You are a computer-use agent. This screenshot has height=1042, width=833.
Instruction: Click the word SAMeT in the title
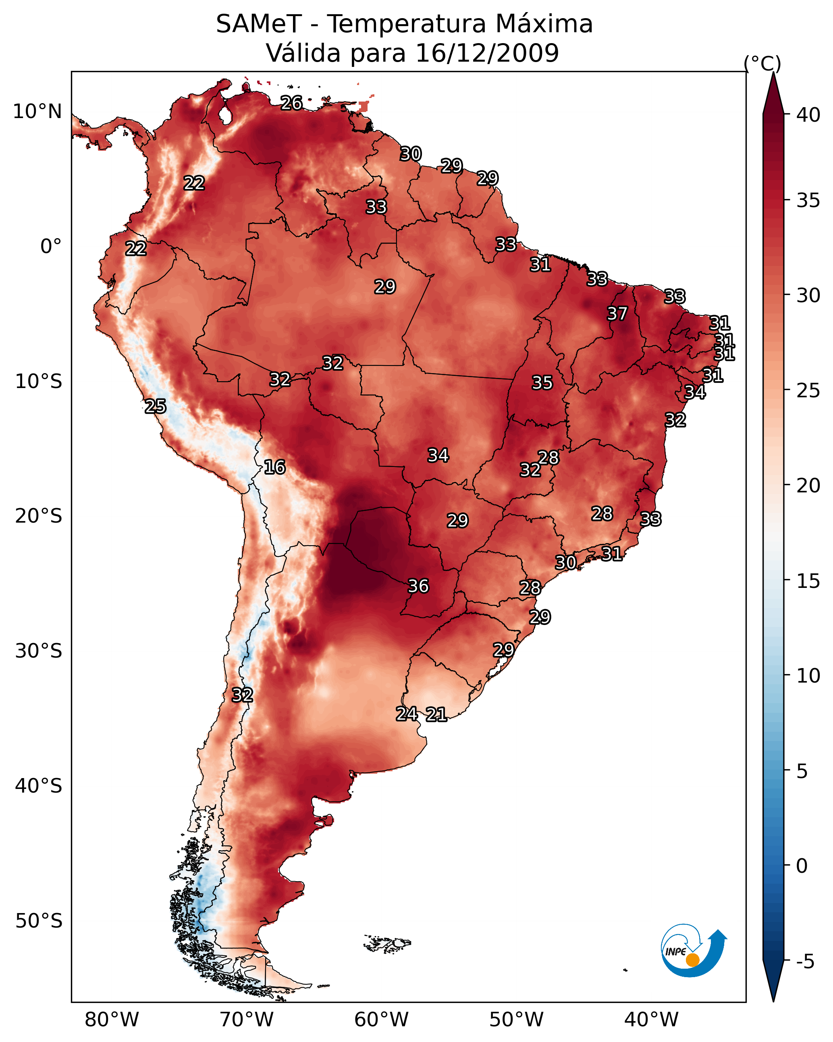(x=259, y=24)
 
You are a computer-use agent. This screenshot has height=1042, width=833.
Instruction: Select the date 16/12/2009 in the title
(x=487, y=53)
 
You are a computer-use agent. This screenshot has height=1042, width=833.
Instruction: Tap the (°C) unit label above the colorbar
(x=762, y=63)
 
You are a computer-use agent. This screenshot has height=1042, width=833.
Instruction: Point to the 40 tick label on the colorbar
(x=808, y=115)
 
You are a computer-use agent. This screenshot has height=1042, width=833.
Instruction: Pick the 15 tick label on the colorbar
(x=808, y=581)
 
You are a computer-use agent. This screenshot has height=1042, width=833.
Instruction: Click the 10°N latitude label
(x=37, y=112)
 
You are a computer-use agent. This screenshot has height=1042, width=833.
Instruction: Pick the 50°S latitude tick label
(x=39, y=921)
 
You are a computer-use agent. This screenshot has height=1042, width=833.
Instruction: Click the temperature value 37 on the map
(x=617, y=313)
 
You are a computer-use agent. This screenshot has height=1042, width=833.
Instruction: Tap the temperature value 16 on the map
(x=274, y=467)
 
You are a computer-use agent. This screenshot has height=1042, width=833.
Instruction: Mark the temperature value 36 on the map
(x=418, y=586)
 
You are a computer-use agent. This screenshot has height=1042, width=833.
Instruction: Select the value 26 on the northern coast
(x=291, y=103)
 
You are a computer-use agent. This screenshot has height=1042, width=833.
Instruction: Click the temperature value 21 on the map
(x=436, y=714)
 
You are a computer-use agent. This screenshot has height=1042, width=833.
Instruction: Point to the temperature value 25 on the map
(x=155, y=406)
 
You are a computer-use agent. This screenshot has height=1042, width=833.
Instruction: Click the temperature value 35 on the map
(x=542, y=383)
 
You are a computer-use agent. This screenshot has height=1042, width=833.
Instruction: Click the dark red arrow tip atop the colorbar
(x=773, y=87)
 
